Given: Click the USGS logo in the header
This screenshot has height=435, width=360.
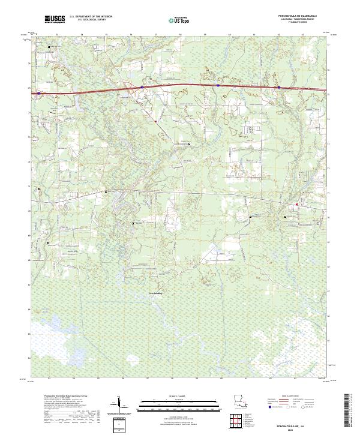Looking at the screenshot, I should [55, 19].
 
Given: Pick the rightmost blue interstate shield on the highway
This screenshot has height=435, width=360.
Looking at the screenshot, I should [279, 88].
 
